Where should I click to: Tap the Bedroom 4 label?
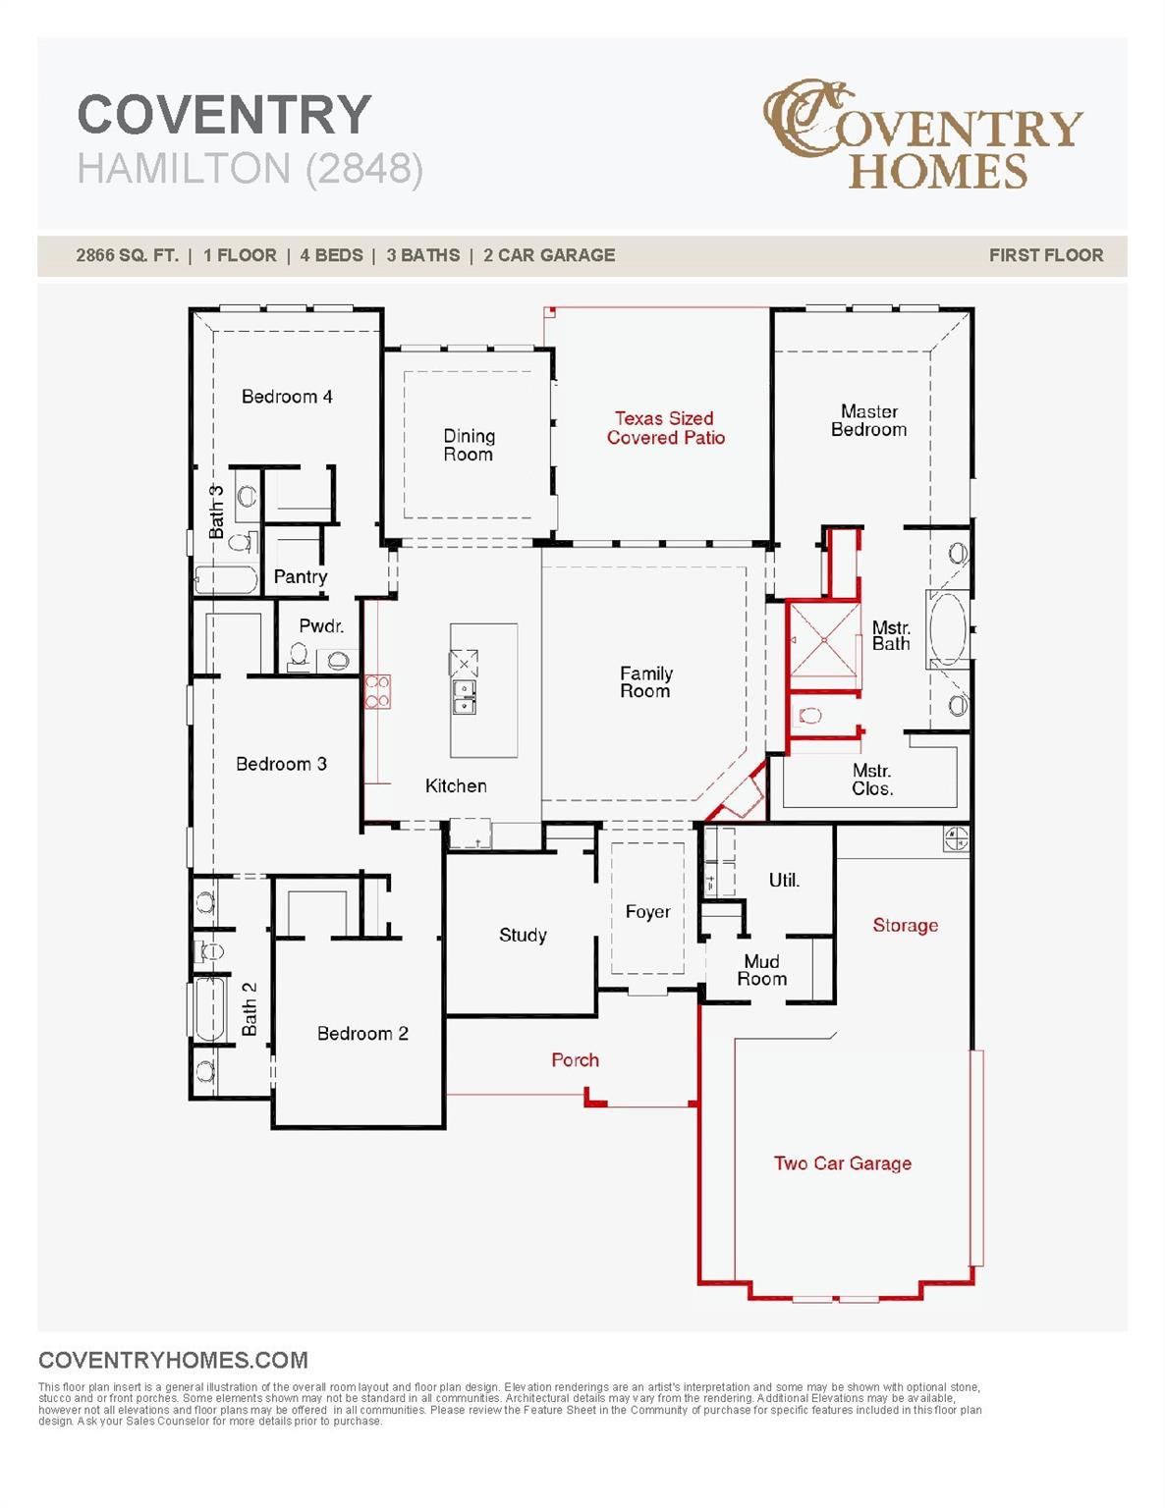[x=287, y=397]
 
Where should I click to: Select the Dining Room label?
[x=469, y=445]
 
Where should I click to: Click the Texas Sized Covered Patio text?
[x=665, y=428]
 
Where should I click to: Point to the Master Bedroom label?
[x=869, y=420]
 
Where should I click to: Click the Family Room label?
[x=645, y=682]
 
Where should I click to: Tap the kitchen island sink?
[x=464, y=697]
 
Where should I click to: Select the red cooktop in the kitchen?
[x=377, y=691]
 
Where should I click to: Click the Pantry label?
[x=300, y=577]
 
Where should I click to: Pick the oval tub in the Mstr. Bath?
[x=948, y=629]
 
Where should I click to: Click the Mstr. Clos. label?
[x=871, y=780]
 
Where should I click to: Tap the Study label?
[x=523, y=936]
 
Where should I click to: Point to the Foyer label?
[x=647, y=912]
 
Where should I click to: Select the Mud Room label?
[x=761, y=970]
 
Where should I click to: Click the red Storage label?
[x=905, y=926]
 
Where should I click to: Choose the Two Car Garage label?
[x=842, y=1163]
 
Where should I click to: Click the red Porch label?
[x=575, y=1060]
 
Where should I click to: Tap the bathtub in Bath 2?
[x=208, y=1008]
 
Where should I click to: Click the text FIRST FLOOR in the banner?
[x=1045, y=255]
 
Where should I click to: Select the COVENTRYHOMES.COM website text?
[x=173, y=1360]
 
